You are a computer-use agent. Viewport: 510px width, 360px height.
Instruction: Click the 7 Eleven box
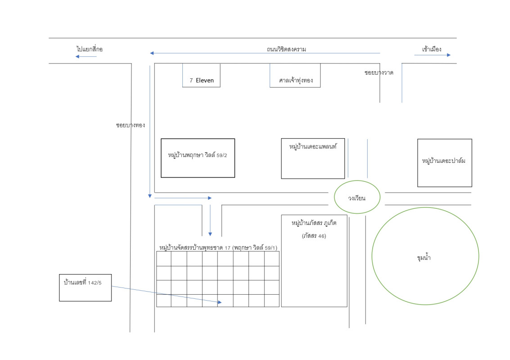point(201,75)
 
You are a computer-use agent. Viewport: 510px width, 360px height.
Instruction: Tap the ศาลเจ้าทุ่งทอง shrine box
point(295,75)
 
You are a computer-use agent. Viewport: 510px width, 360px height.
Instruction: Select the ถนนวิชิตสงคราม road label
point(286,49)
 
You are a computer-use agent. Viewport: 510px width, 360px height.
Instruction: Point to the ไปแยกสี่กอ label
point(90,49)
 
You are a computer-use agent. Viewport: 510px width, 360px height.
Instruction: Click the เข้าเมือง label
point(432,49)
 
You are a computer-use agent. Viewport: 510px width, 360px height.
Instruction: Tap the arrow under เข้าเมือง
point(432,55)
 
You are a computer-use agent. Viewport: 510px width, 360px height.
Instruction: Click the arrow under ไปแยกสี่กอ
point(86,56)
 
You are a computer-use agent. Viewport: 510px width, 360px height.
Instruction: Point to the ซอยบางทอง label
point(131,125)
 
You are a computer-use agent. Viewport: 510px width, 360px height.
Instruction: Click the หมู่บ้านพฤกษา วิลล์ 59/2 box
point(198,158)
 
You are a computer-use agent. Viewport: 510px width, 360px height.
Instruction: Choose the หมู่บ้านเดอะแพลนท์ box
point(313,158)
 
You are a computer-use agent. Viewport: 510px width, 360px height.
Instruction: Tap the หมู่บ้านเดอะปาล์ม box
point(444,162)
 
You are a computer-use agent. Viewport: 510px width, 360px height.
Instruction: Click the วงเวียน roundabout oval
point(357,197)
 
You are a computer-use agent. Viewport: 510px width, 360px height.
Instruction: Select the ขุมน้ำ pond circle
point(425,256)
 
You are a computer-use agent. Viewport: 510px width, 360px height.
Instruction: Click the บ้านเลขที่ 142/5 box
point(85,287)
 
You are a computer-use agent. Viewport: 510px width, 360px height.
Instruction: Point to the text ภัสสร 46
point(314,236)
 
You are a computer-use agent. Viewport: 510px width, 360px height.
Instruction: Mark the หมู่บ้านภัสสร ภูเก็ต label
point(314,223)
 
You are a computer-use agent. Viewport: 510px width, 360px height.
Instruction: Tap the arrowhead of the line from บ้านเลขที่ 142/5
point(220,302)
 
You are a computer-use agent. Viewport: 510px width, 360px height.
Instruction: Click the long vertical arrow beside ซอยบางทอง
point(149,130)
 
